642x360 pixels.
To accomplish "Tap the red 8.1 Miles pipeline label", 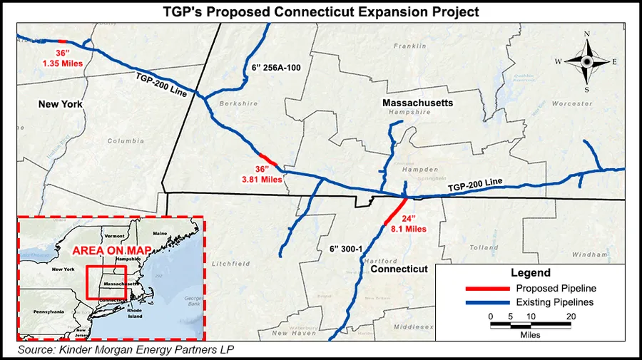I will (408, 229).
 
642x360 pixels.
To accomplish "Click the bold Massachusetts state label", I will (417, 103).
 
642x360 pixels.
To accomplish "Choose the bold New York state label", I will (61, 104).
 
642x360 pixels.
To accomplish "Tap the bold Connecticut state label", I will (399, 269).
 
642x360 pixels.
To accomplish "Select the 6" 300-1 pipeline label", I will (347, 248).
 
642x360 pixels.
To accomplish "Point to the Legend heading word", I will (531, 273).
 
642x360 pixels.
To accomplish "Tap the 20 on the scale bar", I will (570, 316).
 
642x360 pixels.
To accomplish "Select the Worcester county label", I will (574, 103).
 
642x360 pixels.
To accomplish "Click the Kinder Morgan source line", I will (126, 350).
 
